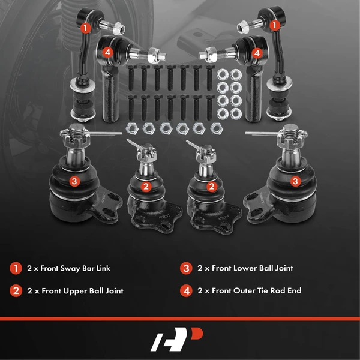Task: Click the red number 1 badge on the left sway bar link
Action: coord(85,28)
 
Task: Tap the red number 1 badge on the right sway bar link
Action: coord(274,25)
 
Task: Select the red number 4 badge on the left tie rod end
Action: coord(107,53)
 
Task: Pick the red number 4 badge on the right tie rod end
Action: coord(257,53)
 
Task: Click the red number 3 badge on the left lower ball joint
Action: coord(74,181)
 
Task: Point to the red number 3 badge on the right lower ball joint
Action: coord(295,181)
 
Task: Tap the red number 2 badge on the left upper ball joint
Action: coord(146,187)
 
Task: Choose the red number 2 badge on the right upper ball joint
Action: coord(212,187)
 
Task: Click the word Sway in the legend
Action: coord(70,269)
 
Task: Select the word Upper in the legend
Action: coord(75,291)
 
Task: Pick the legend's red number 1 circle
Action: coord(16,268)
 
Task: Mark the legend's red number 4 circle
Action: coord(186,291)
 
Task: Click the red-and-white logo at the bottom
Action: coord(177,339)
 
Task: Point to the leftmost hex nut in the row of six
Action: coord(132,128)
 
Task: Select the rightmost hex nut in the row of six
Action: coord(217,128)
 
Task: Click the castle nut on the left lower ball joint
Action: coord(74,137)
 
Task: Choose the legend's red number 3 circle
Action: coord(186,268)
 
